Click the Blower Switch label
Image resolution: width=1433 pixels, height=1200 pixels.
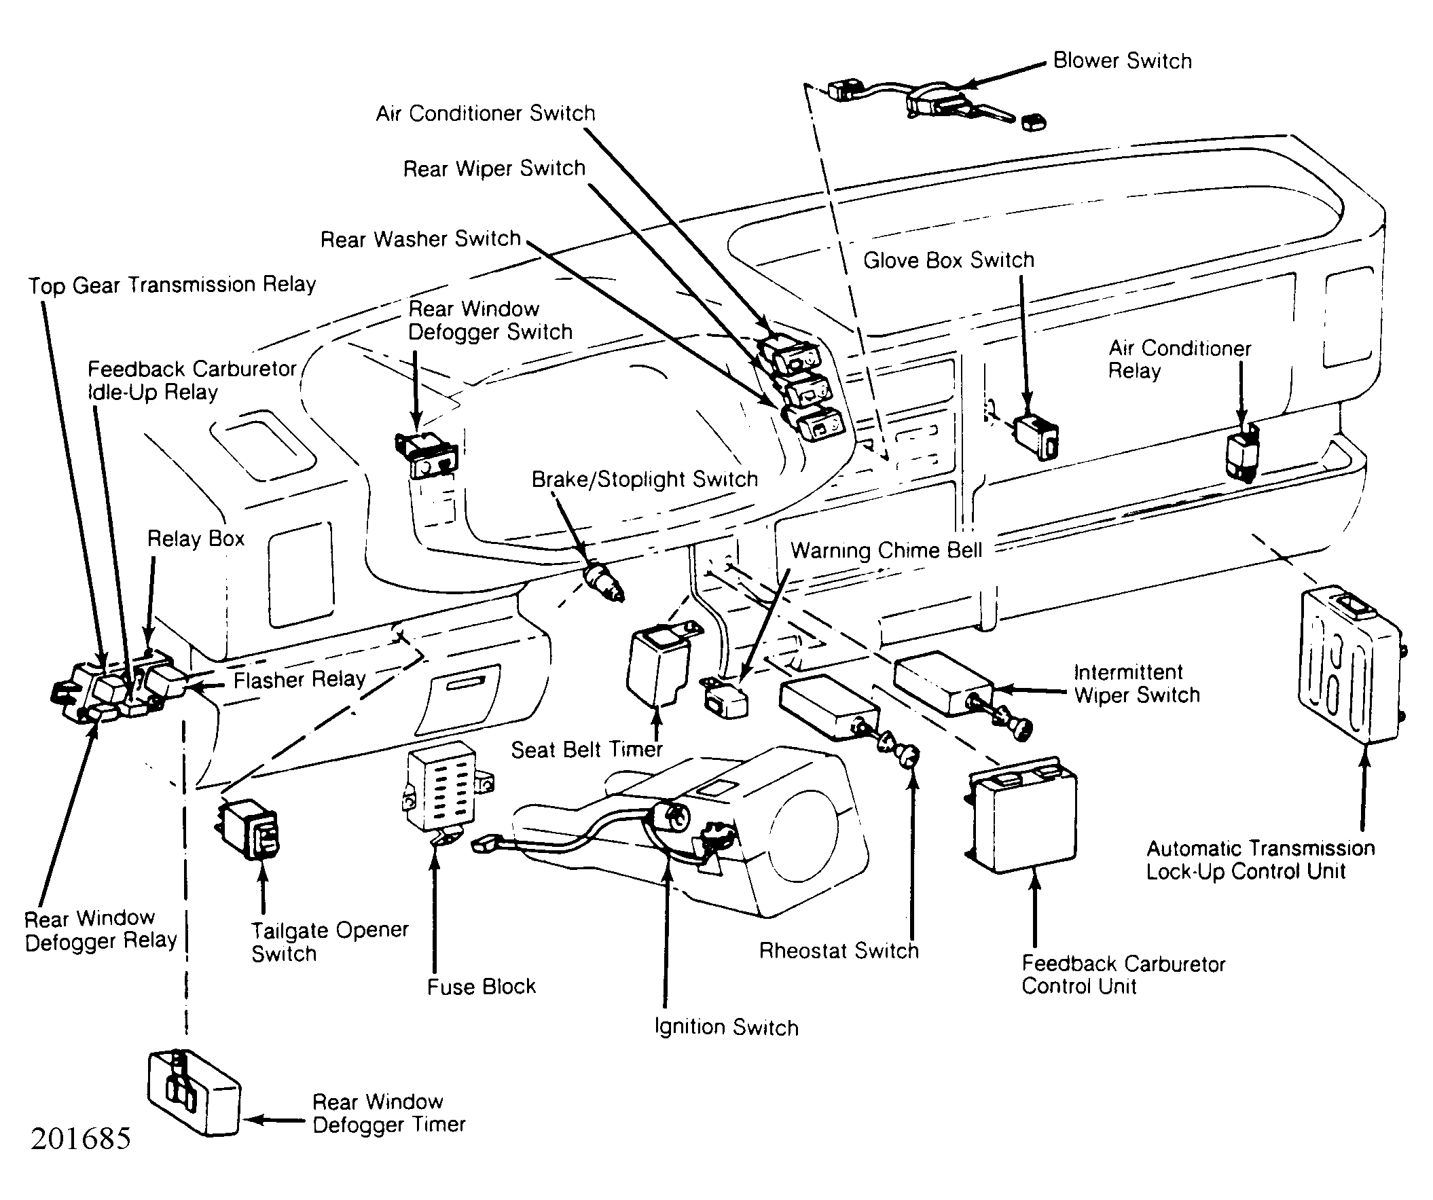(1122, 60)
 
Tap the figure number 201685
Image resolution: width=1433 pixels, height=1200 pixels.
(81, 1138)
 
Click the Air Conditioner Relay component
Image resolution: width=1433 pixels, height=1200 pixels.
(1243, 453)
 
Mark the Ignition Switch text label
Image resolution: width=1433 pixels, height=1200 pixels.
(726, 1027)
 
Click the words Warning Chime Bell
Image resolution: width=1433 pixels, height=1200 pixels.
(886, 550)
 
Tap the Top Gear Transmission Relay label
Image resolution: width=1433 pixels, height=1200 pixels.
(172, 285)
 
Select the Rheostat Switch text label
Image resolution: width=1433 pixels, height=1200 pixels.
(839, 950)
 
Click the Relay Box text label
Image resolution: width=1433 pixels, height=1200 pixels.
(196, 539)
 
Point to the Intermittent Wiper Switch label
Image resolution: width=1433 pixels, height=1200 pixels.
(1136, 684)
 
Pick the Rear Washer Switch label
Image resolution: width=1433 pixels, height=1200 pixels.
(420, 239)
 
